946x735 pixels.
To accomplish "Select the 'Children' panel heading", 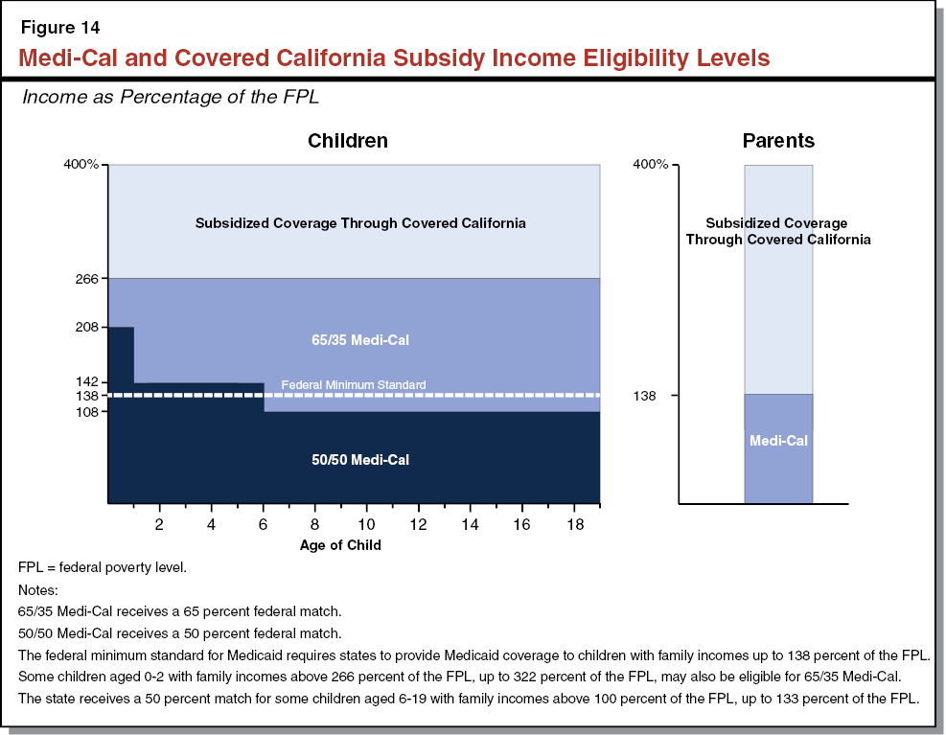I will point(347,141).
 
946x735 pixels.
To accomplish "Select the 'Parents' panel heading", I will point(778,141).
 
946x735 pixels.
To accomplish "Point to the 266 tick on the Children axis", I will point(88,279).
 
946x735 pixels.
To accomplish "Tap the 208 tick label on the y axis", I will point(88,327).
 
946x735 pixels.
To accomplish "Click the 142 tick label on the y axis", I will point(88,382).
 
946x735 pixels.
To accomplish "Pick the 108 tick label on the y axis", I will point(88,412).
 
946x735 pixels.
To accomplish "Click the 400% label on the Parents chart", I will point(649,165).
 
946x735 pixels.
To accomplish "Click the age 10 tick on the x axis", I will point(366,525).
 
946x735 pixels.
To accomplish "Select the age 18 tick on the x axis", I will point(573,525).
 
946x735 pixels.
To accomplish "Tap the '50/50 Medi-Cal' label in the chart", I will point(360,460).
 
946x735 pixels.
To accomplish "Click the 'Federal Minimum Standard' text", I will point(353,385).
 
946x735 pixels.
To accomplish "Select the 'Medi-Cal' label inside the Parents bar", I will point(778,441).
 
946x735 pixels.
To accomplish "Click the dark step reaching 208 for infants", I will point(121,355).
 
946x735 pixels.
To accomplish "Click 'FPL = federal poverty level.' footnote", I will point(103,567).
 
